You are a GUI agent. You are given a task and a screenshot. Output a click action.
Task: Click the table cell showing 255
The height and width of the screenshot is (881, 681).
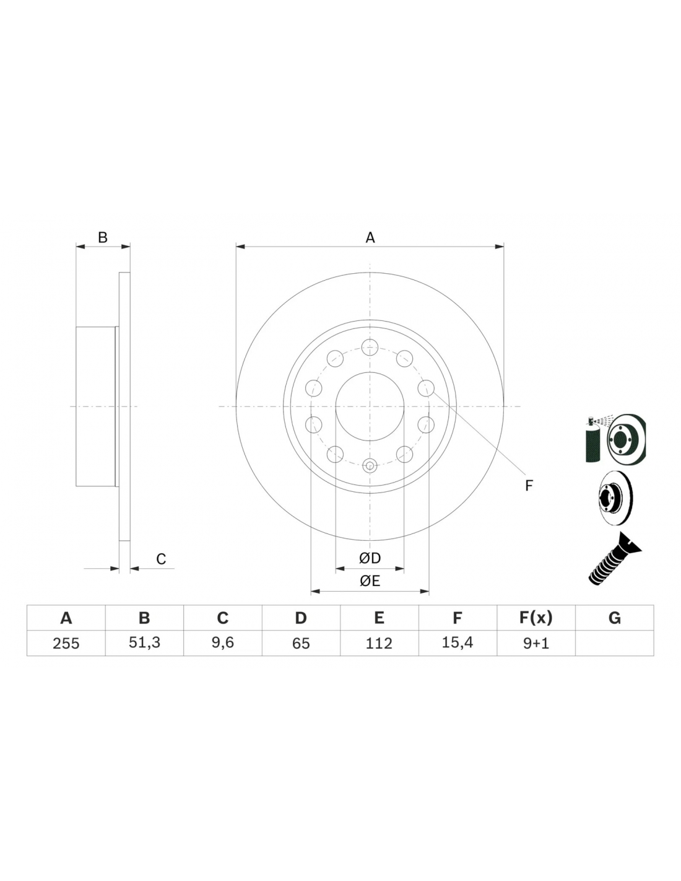66,643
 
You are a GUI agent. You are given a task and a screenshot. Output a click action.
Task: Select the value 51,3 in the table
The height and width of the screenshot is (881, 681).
144,643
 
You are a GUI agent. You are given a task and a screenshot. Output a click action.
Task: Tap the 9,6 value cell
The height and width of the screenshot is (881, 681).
222,643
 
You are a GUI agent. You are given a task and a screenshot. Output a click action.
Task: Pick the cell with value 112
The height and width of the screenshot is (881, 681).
379,643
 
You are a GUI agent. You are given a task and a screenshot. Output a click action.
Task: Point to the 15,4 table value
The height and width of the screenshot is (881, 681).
458,643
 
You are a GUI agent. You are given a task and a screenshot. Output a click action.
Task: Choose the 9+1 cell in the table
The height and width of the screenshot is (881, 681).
536,643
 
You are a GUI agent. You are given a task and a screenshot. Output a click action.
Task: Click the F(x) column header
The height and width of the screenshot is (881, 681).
536,618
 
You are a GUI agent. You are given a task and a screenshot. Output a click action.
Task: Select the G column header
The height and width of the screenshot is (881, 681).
614,618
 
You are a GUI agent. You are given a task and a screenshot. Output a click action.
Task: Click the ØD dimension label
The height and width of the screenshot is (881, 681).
370,558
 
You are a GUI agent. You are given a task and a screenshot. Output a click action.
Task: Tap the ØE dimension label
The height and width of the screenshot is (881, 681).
370,581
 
